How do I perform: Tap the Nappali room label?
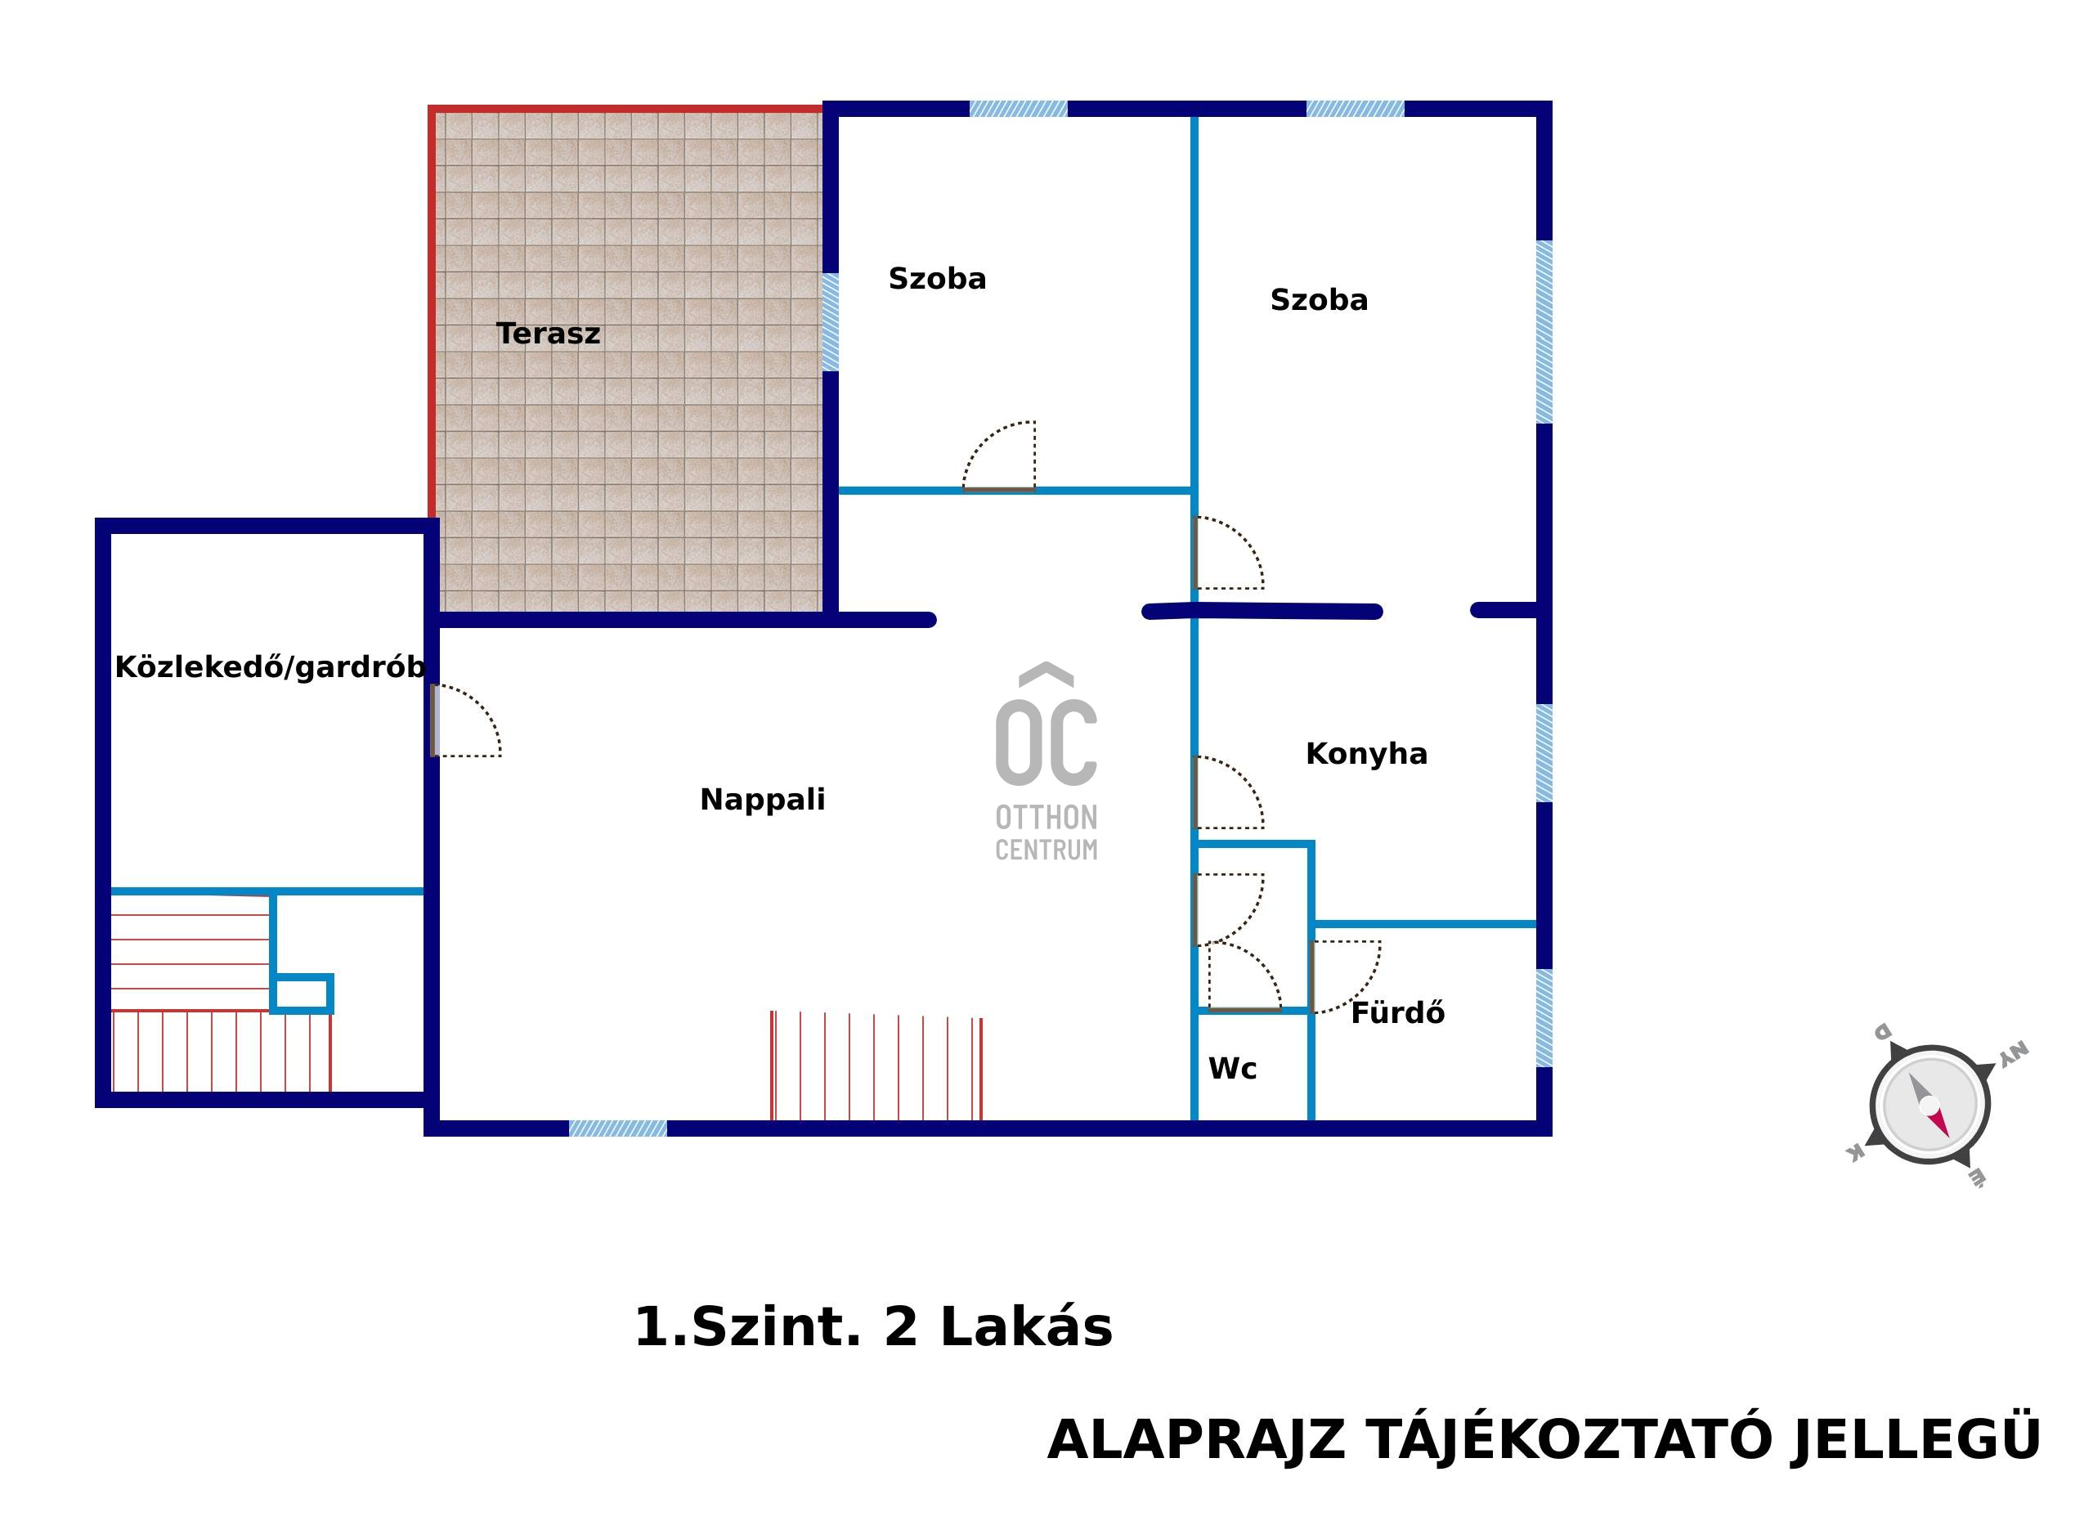762,799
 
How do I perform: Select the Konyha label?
1367,754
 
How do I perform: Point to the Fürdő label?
1397,1012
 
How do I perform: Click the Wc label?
1232,1069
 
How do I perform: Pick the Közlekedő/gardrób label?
270,667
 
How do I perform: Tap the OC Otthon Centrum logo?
1046,762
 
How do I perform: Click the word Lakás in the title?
1025,1328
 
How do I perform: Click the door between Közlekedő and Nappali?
466,720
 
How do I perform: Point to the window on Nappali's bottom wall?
617,1128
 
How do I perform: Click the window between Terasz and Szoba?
831,322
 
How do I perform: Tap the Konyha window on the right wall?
1544,753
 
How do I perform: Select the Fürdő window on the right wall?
1544,1018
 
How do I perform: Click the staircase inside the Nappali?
876,1066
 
